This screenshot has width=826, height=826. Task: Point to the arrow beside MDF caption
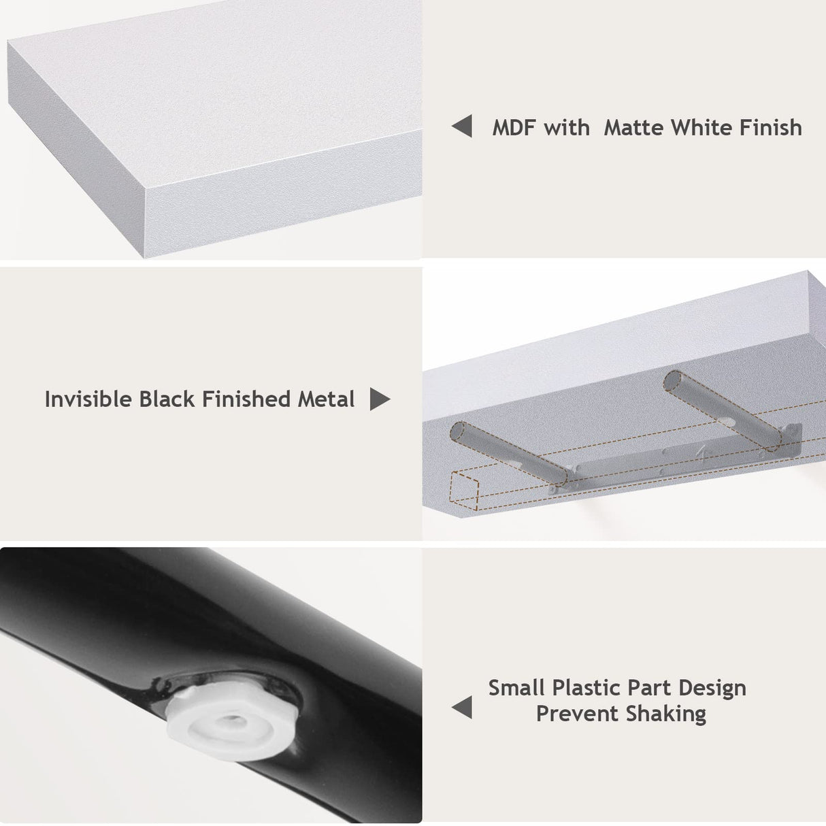[x=462, y=127]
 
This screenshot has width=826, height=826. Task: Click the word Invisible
[x=88, y=399]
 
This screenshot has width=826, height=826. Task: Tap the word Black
[x=167, y=399]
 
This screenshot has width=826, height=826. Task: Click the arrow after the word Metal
[x=380, y=399]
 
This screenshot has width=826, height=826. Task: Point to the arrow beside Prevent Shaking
[x=462, y=708]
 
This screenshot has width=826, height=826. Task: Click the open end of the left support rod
[x=461, y=433]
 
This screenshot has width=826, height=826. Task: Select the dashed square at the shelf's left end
[x=465, y=491]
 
